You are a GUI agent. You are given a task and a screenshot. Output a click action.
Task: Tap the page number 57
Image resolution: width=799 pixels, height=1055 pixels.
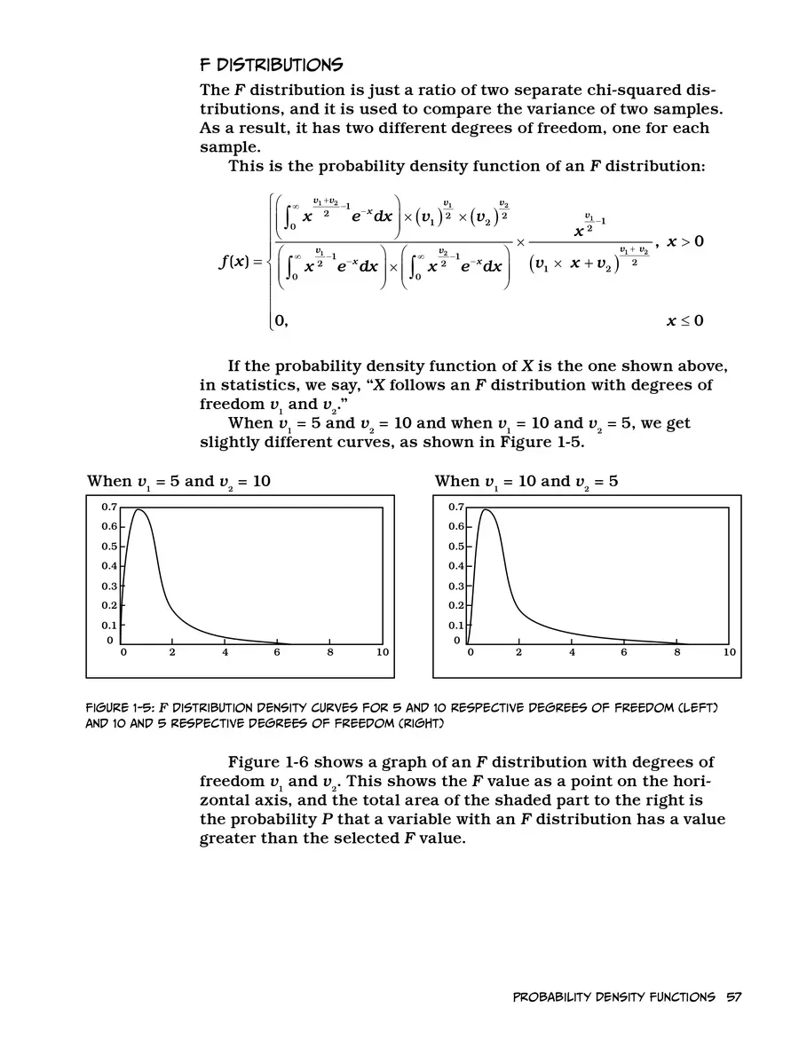tap(733, 997)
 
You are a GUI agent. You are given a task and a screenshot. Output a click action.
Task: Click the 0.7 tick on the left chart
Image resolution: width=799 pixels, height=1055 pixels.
tap(108, 507)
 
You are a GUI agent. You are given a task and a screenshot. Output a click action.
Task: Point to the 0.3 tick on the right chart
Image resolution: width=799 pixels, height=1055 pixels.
tap(455, 586)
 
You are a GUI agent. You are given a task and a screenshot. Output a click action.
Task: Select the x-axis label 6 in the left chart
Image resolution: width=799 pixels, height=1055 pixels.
tap(277, 653)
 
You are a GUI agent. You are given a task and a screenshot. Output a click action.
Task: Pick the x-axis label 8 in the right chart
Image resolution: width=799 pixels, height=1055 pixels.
tap(677, 653)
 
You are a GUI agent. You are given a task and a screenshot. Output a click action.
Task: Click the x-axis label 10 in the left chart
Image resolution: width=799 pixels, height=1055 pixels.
tap(382, 653)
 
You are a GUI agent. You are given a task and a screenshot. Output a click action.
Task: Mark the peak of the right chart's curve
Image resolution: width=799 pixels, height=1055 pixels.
tap(486, 509)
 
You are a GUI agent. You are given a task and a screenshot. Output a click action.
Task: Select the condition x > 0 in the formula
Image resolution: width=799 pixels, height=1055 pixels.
tap(684, 241)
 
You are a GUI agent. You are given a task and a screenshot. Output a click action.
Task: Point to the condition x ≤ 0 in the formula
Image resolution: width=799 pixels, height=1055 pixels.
tap(684, 321)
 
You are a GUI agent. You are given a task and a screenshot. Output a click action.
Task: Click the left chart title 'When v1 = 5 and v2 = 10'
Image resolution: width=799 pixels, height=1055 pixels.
tap(178, 482)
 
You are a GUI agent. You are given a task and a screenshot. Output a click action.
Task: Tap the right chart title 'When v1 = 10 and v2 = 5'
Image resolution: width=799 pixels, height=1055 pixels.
tap(526, 482)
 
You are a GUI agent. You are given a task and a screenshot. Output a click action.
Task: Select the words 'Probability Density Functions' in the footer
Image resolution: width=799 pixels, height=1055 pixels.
tap(614, 997)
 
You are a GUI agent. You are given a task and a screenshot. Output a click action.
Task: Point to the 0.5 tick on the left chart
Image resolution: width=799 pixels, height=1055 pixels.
tap(108, 547)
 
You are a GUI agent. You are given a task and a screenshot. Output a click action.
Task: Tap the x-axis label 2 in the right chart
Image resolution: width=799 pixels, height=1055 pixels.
tap(518, 653)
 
